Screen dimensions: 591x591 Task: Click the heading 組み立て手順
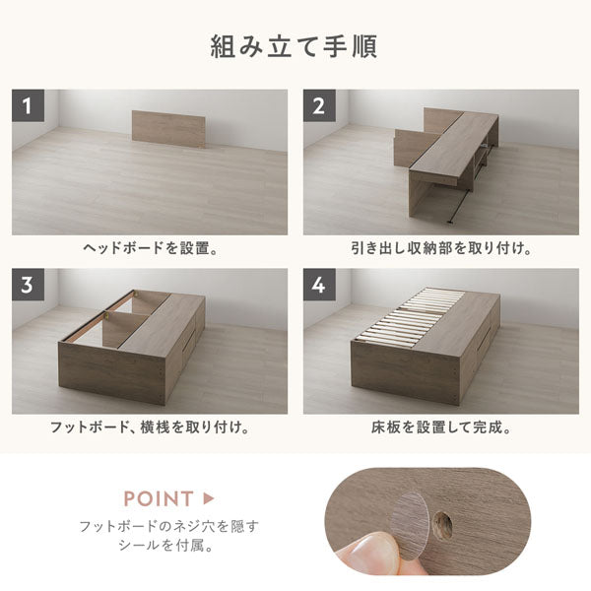coord(294,46)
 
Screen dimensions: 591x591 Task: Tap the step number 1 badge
coord(28,105)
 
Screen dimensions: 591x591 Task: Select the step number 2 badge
coord(319,105)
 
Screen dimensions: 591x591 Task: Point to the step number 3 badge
coord(28,285)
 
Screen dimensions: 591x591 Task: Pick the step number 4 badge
coord(319,285)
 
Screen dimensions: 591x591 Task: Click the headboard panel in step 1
coord(168,128)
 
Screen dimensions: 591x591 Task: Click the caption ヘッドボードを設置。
coord(151,248)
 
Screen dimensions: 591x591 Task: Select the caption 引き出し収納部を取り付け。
coord(441,248)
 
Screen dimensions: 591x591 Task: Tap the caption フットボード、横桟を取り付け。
coord(150,427)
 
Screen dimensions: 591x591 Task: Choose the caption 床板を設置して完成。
coord(441,427)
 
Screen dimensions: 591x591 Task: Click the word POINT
coord(159,498)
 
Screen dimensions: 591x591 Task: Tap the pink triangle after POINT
coord(209,498)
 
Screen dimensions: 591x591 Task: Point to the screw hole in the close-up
coord(443,525)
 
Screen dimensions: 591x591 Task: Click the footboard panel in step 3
coord(112,372)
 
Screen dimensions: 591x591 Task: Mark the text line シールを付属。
coord(166,546)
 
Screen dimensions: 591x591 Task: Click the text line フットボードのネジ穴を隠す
coord(168,526)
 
